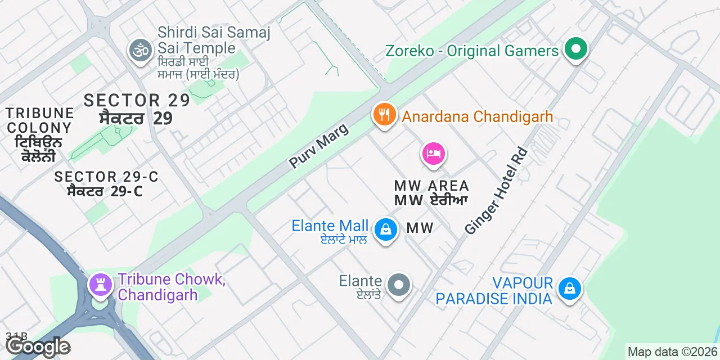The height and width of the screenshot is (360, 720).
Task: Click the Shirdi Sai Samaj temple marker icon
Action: tap(139, 51)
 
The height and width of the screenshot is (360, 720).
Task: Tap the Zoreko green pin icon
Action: tap(575, 49)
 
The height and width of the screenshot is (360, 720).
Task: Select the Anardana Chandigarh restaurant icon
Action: tap(384, 115)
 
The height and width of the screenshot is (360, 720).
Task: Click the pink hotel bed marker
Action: tap(433, 153)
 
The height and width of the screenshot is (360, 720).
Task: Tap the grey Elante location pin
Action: tap(399, 285)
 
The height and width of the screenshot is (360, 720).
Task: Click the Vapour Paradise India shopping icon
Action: tap(570, 289)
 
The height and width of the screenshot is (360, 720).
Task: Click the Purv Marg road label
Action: tap(318, 146)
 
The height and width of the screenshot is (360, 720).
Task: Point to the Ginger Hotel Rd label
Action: tap(496, 191)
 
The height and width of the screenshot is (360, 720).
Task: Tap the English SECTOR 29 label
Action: tap(137, 100)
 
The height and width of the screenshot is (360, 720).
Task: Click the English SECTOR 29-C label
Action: tap(106, 177)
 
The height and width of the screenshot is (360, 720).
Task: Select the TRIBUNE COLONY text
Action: tap(39, 120)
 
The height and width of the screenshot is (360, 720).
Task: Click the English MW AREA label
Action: tap(431, 186)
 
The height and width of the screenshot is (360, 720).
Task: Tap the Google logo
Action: tap(38, 346)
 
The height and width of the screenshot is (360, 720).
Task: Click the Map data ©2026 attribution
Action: tap(672, 352)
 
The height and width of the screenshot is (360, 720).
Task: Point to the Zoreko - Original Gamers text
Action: tap(471, 51)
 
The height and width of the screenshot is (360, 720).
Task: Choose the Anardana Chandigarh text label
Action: tap(477, 117)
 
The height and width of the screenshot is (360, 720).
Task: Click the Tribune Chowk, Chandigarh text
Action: tap(172, 287)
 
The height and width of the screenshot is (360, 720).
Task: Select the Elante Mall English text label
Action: tap(330, 226)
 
